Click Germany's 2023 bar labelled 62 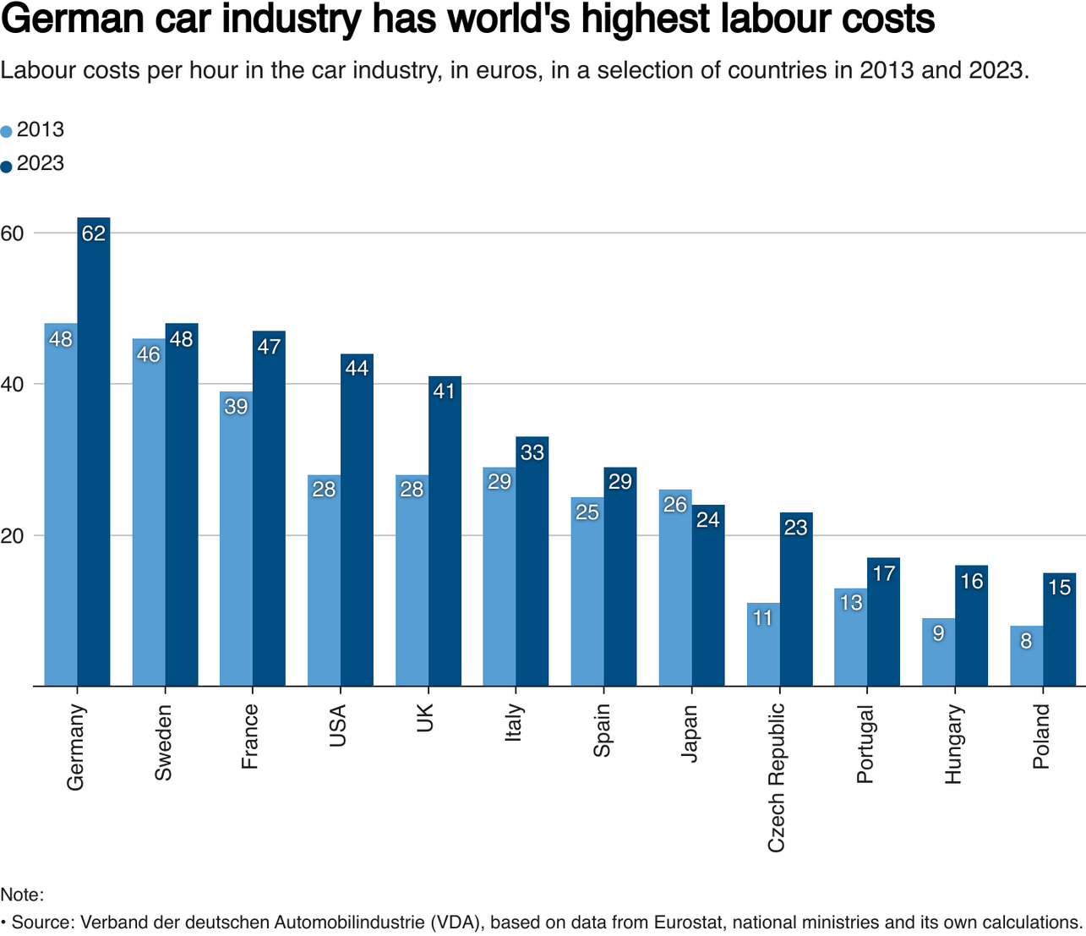pyautogui.click(x=94, y=457)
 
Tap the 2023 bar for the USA pyautogui.click(x=357, y=524)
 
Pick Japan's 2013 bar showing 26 pyautogui.click(x=675, y=592)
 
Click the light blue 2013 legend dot pyautogui.click(x=7, y=132)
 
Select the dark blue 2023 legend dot pyautogui.click(x=7, y=166)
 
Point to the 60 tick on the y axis pyautogui.click(x=12, y=233)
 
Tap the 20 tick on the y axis pyautogui.click(x=12, y=535)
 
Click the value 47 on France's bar pyautogui.click(x=269, y=347)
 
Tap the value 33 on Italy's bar pyautogui.click(x=532, y=452)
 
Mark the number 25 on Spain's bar pyautogui.click(x=587, y=512)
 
